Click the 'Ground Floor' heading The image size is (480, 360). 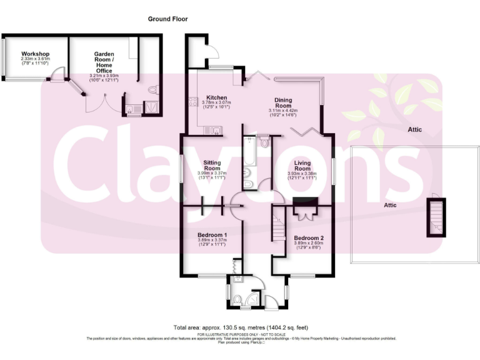point(167,19)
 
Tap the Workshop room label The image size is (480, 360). point(35,54)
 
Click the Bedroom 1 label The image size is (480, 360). point(212,235)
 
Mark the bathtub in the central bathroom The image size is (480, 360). point(249,153)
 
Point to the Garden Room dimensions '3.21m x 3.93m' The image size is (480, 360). point(104,76)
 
